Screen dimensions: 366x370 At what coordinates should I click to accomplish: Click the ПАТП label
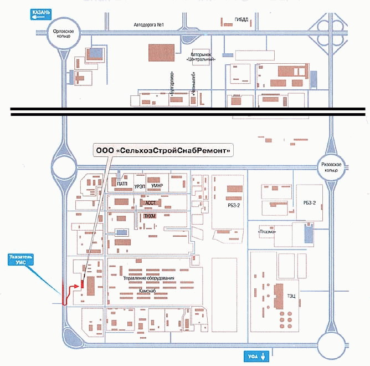pos(122,182)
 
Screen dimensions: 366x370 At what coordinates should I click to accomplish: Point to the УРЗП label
pos(140,187)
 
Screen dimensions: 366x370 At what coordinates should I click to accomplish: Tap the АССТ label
pos(150,203)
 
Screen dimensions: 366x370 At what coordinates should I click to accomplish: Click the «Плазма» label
pos(268,231)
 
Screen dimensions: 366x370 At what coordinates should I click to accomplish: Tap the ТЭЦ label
pos(291,296)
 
